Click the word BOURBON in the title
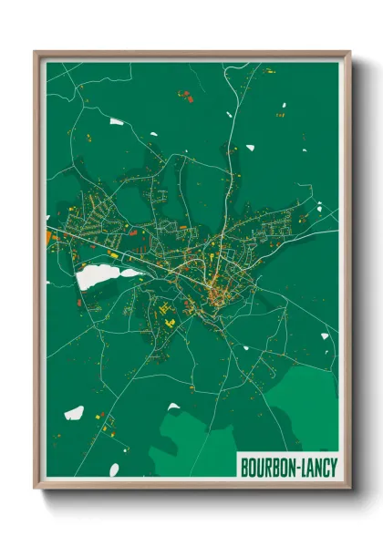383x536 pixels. pos(266,466)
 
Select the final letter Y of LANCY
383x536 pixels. pos(334,466)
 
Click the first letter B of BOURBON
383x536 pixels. pos(243,466)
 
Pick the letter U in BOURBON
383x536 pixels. pos(259,466)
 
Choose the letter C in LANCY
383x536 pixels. pos(326,466)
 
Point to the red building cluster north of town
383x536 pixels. pos(185,95)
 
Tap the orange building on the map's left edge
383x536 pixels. pos(48,238)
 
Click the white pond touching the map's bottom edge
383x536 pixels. pos(114,470)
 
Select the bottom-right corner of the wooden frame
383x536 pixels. pos(349,487)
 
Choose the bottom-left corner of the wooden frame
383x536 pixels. pos(36,487)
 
